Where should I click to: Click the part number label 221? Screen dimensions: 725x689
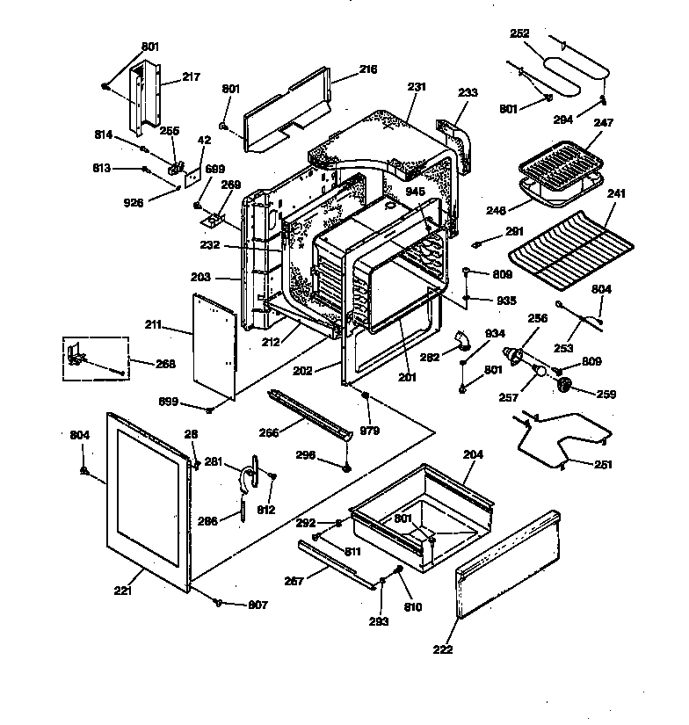123,591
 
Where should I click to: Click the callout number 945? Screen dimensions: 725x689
416,192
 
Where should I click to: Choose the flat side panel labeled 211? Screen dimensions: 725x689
215,343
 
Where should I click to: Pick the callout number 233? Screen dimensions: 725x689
468,91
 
